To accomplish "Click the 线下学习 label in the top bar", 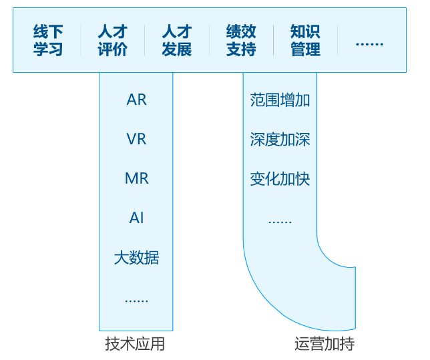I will (x=48, y=41).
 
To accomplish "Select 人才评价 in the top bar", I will (x=112, y=41).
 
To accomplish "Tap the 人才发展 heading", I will (x=176, y=41).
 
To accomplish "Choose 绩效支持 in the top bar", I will (x=241, y=41).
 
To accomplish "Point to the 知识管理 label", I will (x=305, y=41).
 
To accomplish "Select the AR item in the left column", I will (x=136, y=100).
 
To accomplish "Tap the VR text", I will (x=136, y=140).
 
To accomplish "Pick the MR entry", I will (x=136, y=179).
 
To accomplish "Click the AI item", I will (x=136, y=218).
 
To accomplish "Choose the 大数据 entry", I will (x=136, y=258).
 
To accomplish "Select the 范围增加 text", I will (x=280, y=100).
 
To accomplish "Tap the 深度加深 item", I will (x=280, y=140).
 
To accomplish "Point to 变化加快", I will (x=280, y=179).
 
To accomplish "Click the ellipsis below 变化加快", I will (x=280, y=221).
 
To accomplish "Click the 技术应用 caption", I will (x=135, y=344).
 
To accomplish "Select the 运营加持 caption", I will (x=325, y=344).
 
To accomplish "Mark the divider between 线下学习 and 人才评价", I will (x=80, y=41).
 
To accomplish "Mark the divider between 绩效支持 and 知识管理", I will (x=273, y=41).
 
